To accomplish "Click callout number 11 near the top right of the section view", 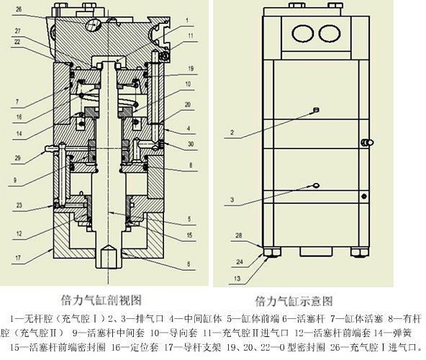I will point(191,35).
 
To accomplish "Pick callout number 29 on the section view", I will point(39,157).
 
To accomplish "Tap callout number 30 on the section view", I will point(190,144).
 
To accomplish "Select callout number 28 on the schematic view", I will point(239,235).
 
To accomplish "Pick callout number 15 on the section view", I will point(190,234).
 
